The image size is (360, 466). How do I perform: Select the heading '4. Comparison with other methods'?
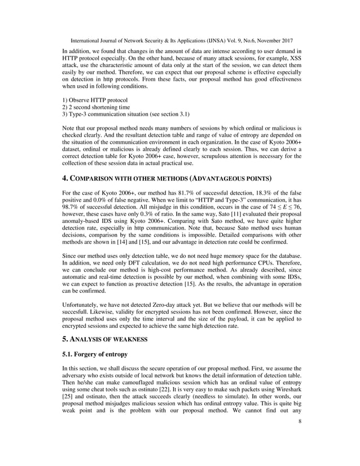(163, 179)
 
